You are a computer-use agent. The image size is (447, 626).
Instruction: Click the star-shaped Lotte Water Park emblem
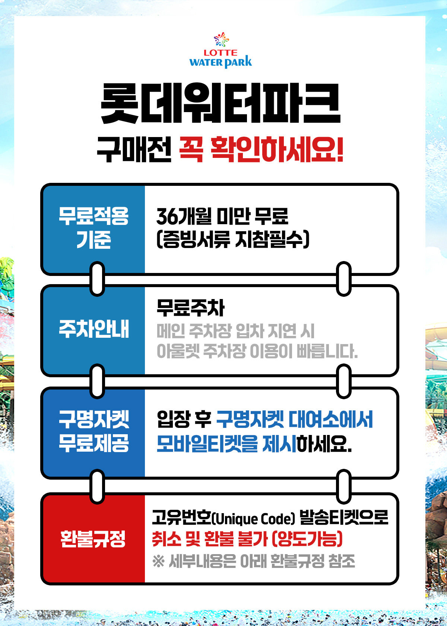221,39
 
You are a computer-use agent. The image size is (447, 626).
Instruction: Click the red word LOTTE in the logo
221,53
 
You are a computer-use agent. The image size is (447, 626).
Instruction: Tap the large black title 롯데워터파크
221,103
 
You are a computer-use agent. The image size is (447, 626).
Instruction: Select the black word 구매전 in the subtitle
134,149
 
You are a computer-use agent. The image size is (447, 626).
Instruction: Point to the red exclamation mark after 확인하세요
340,149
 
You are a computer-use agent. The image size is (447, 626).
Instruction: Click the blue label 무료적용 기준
93,228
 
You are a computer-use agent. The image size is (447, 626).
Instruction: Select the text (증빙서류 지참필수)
233,239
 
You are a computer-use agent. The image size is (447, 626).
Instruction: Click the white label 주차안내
93,329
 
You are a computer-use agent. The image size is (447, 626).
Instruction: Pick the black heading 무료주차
190,308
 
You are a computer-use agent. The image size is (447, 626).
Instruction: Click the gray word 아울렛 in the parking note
178,351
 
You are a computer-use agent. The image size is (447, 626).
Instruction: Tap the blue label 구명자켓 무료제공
93,430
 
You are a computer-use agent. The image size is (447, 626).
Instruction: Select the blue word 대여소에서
331,419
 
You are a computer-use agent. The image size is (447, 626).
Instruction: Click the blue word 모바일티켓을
207,444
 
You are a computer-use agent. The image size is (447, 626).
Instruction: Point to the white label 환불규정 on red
93,538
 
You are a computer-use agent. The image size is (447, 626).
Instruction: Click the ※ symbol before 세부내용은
159,561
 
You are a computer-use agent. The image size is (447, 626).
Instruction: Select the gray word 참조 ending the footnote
342,561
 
